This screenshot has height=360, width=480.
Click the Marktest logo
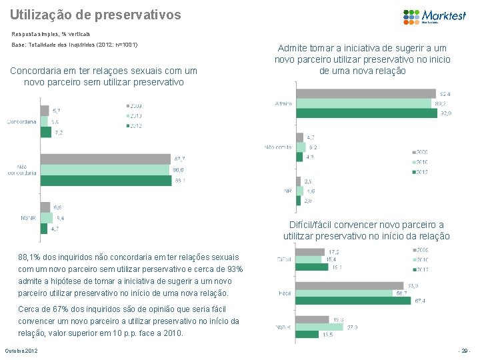point(434,15)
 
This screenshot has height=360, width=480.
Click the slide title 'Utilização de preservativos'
point(95,13)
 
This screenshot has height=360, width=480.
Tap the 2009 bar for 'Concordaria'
point(45,111)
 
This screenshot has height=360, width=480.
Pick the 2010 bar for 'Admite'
point(364,103)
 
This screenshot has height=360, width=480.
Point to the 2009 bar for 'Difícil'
point(310,251)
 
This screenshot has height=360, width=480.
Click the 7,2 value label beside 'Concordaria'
point(58,133)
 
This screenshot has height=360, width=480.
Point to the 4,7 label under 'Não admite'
point(311,137)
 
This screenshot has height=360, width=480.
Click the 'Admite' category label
point(283,104)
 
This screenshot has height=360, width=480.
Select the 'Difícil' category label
point(284,259)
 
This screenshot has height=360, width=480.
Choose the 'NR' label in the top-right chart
point(287,190)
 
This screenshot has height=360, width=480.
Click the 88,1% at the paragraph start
point(29,257)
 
